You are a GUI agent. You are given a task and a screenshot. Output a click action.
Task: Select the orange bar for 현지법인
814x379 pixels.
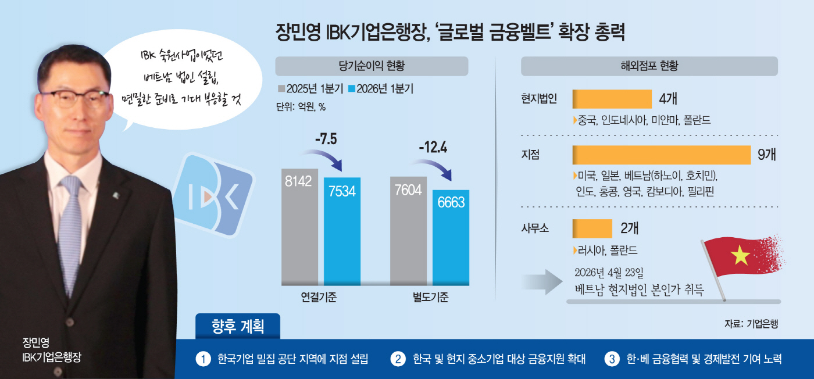click(612, 99)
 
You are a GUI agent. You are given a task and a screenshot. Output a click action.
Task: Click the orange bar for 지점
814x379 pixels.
click(661, 155)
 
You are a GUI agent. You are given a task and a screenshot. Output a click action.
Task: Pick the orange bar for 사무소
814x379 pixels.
click(592, 228)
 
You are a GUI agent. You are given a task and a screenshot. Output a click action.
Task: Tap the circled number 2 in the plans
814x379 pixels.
click(398, 359)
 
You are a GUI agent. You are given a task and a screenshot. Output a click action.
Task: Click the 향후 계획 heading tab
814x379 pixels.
click(238, 326)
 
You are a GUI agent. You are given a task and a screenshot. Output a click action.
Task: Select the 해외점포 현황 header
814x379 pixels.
click(649, 66)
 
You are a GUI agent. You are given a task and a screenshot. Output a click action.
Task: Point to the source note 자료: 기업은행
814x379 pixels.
click(751, 324)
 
